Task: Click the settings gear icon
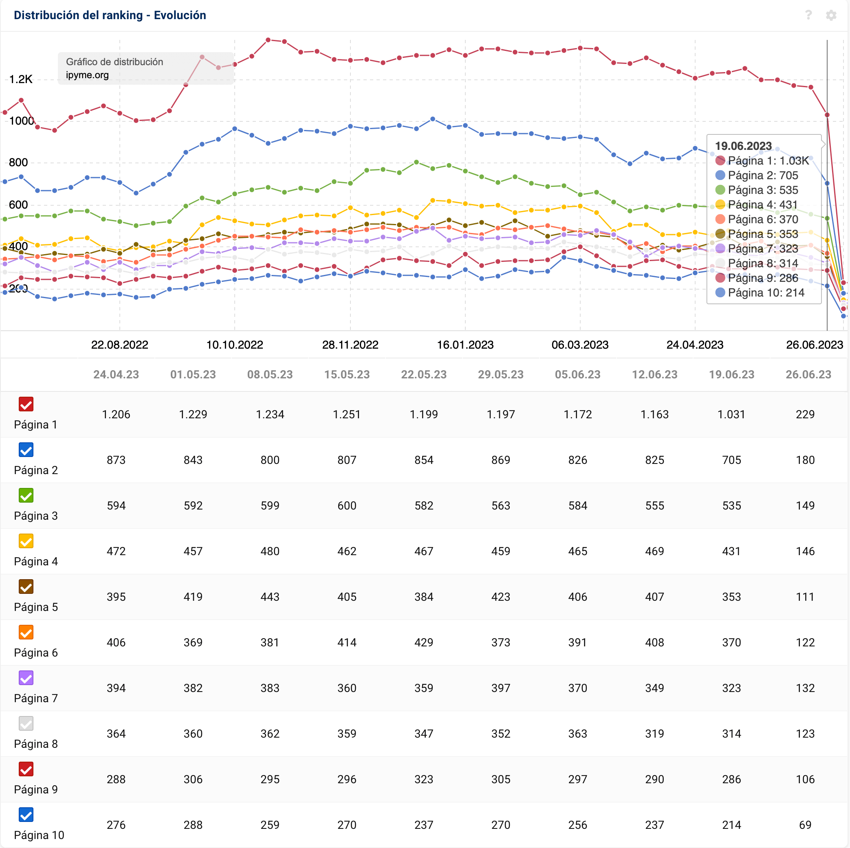point(830,15)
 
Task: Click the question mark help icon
point(808,15)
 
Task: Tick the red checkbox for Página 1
point(26,404)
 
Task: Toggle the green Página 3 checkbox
point(26,495)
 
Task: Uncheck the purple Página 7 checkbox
point(26,678)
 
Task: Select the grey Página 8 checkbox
point(26,723)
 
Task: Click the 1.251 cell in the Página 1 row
point(347,414)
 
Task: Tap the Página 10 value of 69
point(805,825)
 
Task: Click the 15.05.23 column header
point(347,375)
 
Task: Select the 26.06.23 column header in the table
point(808,375)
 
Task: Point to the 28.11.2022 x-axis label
point(350,345)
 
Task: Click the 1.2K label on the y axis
point(21,79)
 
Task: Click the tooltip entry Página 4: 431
point(762,204)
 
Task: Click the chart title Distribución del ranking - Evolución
point(110,15)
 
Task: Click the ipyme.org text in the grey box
point(87,75)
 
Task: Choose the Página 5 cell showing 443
point(270,597)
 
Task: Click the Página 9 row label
point(35,789)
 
